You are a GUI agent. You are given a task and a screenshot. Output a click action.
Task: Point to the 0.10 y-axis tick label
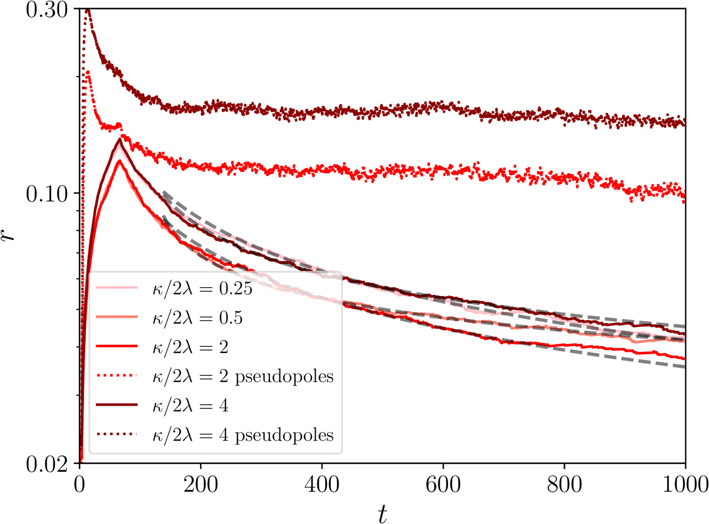[x=47, y=194]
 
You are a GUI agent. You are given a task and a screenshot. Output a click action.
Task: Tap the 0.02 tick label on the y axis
[x=47, y=465]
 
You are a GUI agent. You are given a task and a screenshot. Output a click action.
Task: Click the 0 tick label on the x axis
[x=80, y=484]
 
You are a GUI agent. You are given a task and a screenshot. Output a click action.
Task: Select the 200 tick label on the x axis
[x=201, y=484]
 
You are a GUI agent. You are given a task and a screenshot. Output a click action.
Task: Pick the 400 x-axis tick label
[x=322, y=484]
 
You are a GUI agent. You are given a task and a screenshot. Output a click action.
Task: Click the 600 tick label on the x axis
[x=443, y=484]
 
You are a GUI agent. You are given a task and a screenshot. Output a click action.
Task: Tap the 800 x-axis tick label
[x=564, y=484]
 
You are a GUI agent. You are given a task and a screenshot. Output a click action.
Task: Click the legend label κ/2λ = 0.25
[x=202, y=288]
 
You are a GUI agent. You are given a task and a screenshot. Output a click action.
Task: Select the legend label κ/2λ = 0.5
[x=198, y=317]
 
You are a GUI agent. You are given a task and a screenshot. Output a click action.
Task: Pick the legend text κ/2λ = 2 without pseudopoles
[x=190, y=347]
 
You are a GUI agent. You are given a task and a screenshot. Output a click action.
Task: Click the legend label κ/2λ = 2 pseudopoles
[x=243, y=376]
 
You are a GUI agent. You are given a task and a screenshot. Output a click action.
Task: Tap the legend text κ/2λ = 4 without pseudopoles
[x=190, y=405]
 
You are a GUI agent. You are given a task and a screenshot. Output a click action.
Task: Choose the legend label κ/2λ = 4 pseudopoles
[x=243, y=435]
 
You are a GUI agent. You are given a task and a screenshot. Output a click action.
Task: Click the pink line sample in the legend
[x=116, y=287]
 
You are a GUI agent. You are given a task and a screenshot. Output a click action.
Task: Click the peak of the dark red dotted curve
[x=88, y=10]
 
